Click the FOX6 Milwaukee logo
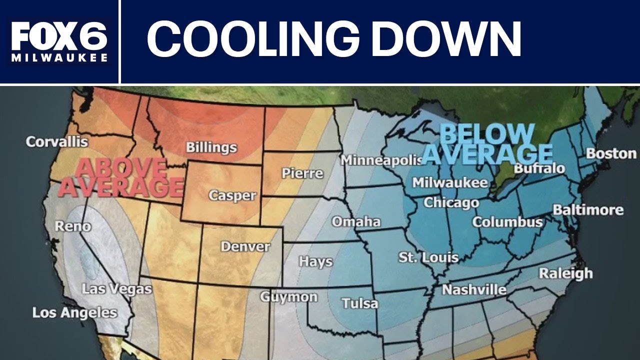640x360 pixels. [x=59, y=42]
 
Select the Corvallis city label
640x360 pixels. [x=57, y=141]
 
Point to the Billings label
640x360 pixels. [x=211, y=147]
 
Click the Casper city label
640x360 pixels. [x=232, y=195]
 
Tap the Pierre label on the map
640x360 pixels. [x=302, y=173]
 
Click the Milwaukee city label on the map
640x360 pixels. [x=449, y=182]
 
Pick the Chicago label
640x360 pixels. [x=451, y=202]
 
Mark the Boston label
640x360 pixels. [x=611, y=153]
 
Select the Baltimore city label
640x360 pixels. [x=588, y=209]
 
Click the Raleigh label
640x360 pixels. [x=565, y=273]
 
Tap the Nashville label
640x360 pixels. [x=474, y=290]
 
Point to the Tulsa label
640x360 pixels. [x=360, y=303]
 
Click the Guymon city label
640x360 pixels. [x=288, y=296]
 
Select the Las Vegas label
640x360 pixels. [x=116, y=289]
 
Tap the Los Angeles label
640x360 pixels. [x=74, y=313]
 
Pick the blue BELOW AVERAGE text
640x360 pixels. [x=487, y=144]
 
